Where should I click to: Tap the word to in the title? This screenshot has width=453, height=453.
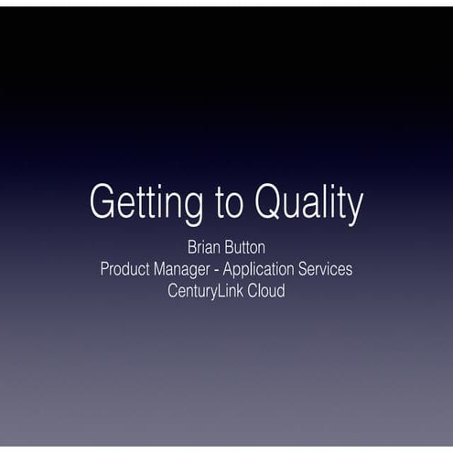pyautogui.click(x=232, y=203)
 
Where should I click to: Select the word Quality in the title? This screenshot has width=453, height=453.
pyautogui.click(x=309, y=203)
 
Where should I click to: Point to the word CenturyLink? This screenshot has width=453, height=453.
pyautogui.click(x=208, y=292)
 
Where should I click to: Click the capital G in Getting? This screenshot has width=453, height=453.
pyautogui.click(x=102, y=201)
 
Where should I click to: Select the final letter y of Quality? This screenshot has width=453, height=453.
pyautogui.click(x=354, y=208)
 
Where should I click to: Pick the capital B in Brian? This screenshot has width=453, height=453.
pyautogui.click(x=191, y=247)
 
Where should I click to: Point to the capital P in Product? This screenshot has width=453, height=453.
pyautogui.click(x=104, y=269)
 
